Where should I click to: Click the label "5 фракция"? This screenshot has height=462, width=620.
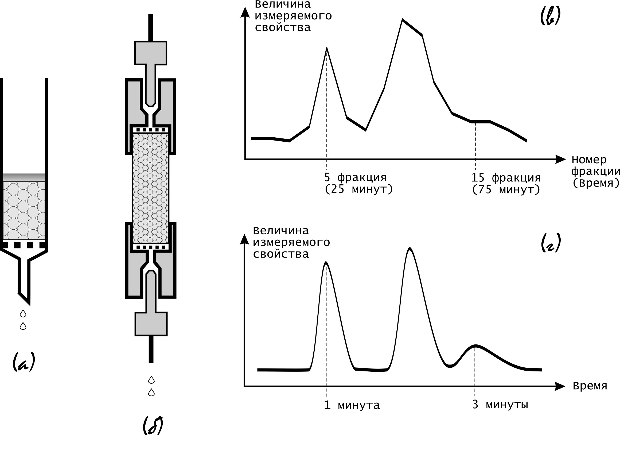[355, 177]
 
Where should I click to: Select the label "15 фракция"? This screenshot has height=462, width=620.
[506, 178]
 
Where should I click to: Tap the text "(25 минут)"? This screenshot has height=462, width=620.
[359, 189]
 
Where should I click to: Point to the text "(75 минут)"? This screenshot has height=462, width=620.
[506, 190]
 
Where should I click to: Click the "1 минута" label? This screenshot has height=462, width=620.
[352, 405]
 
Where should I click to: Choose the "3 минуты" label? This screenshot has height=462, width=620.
[500, 405]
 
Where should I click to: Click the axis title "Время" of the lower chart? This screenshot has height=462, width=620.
[590, 386]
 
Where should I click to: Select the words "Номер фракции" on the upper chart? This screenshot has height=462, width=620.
[595, 165]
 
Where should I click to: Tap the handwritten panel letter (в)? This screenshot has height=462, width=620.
[550, 16]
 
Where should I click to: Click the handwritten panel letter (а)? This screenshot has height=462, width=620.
[24, 362]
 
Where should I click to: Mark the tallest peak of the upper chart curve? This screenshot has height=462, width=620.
[403, 20]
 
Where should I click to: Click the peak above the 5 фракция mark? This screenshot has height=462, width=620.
[327, 48]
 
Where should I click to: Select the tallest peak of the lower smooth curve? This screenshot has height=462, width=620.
[410, 249]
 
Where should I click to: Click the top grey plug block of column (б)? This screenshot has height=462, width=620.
[151, 53]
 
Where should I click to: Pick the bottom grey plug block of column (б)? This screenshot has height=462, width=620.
[151, 324]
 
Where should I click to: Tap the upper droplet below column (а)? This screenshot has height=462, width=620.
[23, 313]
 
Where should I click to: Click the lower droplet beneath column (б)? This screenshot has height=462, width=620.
[151, 393]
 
